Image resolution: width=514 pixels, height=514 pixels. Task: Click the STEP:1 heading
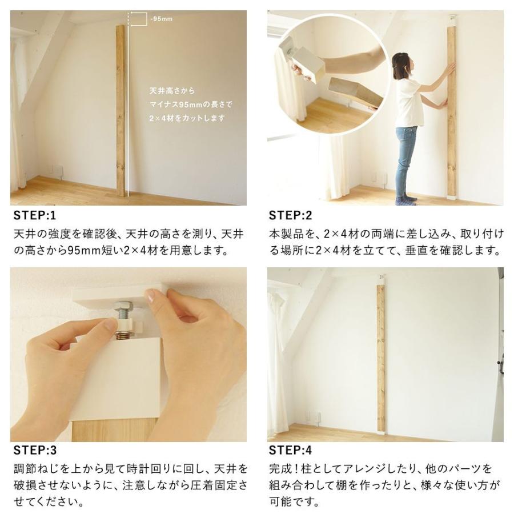click(35, 216)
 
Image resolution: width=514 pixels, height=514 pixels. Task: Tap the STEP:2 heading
click(291, 216)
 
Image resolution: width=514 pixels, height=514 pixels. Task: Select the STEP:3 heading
click(35, 451)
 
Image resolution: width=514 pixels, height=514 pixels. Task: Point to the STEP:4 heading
click(291, 451)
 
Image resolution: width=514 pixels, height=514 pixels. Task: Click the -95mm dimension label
click(161, 19)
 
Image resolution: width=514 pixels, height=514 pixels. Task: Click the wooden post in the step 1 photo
click(121, 111)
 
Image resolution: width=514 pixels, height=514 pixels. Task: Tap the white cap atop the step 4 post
click(382, 280)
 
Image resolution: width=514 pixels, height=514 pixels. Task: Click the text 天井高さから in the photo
click(172, 91)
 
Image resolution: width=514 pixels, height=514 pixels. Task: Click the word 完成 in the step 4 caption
click(279, 468)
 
